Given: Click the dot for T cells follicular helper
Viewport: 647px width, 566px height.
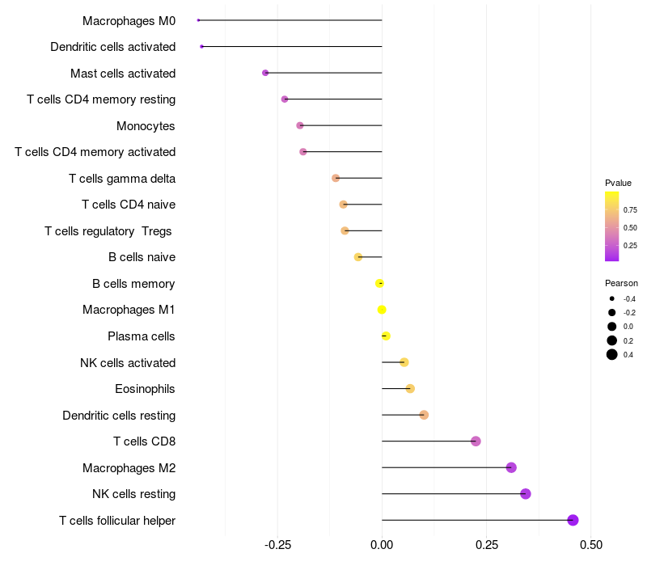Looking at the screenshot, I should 573,520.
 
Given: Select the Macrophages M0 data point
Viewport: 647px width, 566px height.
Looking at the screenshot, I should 198,20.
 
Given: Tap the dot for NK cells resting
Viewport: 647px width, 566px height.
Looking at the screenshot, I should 526,494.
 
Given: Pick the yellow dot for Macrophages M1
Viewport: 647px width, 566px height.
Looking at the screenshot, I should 382,310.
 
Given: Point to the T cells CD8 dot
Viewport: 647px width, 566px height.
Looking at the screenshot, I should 476,441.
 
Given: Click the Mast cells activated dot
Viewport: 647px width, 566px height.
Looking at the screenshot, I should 265,73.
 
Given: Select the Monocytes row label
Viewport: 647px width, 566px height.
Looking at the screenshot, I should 146,126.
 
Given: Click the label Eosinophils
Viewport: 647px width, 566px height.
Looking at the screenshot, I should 145,389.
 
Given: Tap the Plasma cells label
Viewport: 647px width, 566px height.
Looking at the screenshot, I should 142,336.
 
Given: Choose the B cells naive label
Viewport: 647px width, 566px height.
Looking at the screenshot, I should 142,257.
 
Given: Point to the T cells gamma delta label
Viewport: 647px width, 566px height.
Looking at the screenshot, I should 122,179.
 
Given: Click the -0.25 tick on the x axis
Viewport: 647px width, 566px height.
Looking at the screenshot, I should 277,545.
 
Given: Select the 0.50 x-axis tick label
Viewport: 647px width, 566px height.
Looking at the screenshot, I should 591,545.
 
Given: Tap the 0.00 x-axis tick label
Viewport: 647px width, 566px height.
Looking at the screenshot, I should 382,545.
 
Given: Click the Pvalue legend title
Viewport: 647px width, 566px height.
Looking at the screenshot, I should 618,183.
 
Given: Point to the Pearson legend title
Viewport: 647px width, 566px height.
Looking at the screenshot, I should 621,283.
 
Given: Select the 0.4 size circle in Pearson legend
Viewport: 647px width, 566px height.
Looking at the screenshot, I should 612,354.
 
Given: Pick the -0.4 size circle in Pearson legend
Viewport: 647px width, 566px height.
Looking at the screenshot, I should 612,298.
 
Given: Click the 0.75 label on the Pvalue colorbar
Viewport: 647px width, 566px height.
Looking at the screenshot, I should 630,209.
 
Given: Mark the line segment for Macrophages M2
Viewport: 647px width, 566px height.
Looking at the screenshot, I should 445,467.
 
